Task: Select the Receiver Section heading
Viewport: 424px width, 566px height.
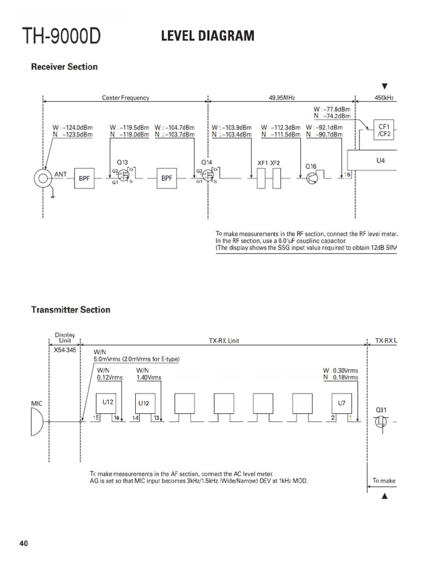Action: point(64,67)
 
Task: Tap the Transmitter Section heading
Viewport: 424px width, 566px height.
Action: point(70,310)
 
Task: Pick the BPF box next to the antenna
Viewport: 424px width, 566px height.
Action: point(84,178)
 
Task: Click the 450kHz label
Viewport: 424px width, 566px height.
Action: point(384,98)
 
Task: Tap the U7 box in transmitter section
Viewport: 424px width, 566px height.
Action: point(342,403)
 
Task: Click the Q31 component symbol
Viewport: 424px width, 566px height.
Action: point(380,422)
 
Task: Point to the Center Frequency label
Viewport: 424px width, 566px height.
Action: point(125,98)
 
